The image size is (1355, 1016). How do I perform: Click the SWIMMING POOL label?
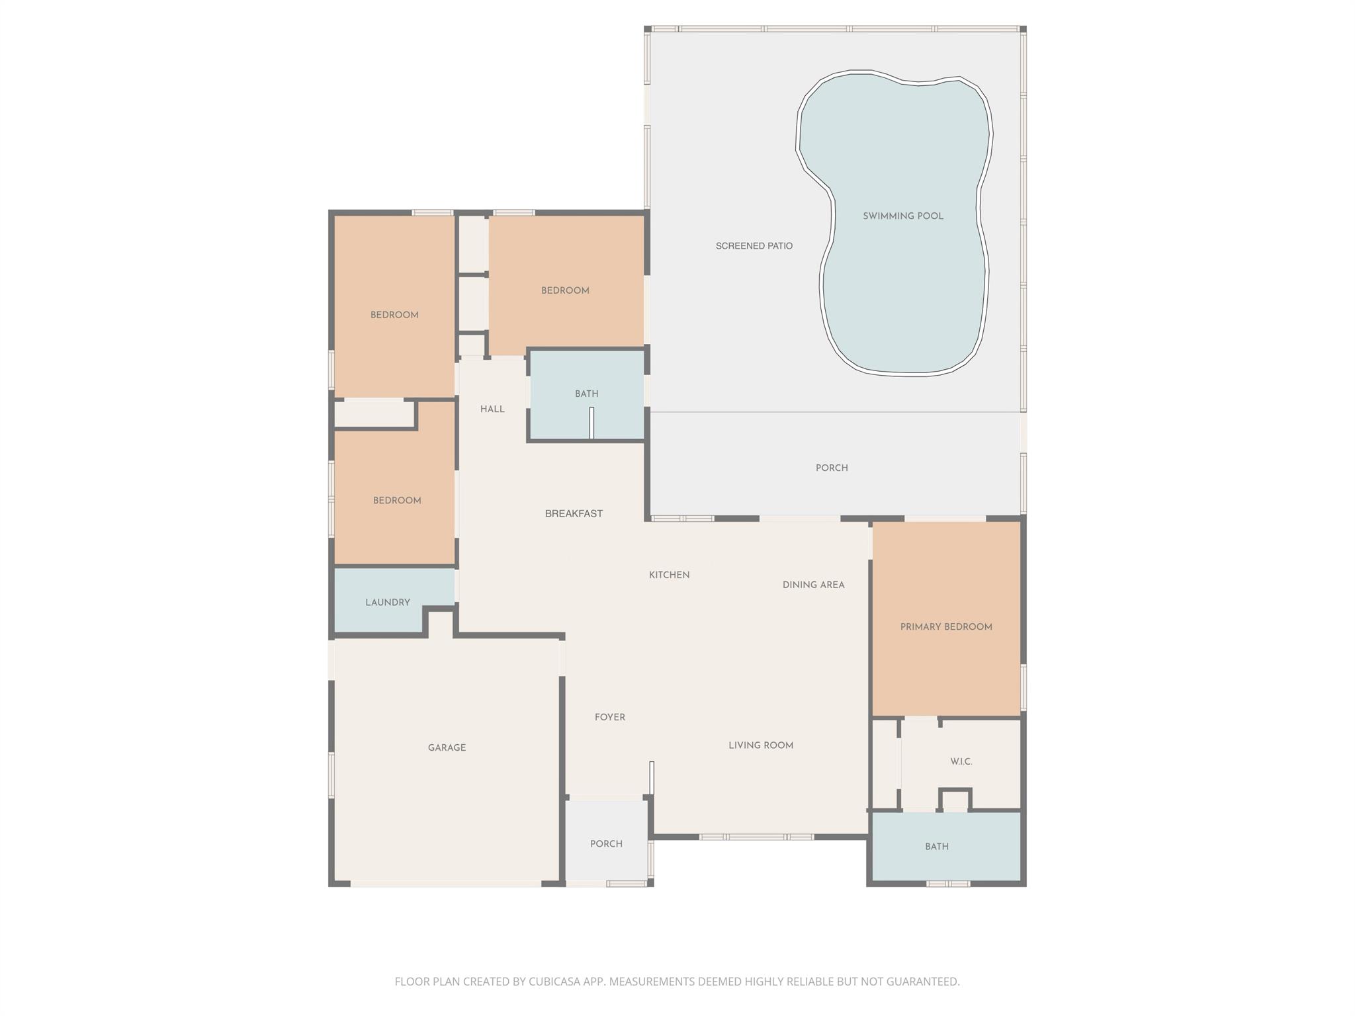point(902,216)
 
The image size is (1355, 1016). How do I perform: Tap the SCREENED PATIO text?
point(754,246)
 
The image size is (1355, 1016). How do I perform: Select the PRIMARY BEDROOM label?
point(945,627)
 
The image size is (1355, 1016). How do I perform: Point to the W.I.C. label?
point(961,762)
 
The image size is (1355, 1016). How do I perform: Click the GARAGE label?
point(447,748)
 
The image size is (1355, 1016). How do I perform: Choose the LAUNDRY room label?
point(388,603)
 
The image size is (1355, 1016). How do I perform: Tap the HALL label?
point(492,409)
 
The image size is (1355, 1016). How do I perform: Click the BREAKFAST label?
point(574,514)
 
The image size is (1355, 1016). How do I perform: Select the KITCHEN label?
point(669,575)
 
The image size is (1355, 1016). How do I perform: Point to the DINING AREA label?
point(813,585)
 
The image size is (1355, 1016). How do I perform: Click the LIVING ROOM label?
point(760,745)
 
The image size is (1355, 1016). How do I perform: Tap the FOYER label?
point(609,717)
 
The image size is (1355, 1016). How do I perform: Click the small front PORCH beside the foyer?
point(606,844)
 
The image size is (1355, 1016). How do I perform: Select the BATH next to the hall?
point(586,394)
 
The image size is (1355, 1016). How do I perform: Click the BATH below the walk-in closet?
point(936,847)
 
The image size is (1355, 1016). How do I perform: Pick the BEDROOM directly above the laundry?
point(397,501)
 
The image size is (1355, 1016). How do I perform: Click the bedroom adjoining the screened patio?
point(565,290)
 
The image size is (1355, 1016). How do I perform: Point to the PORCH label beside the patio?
point(831,468)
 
